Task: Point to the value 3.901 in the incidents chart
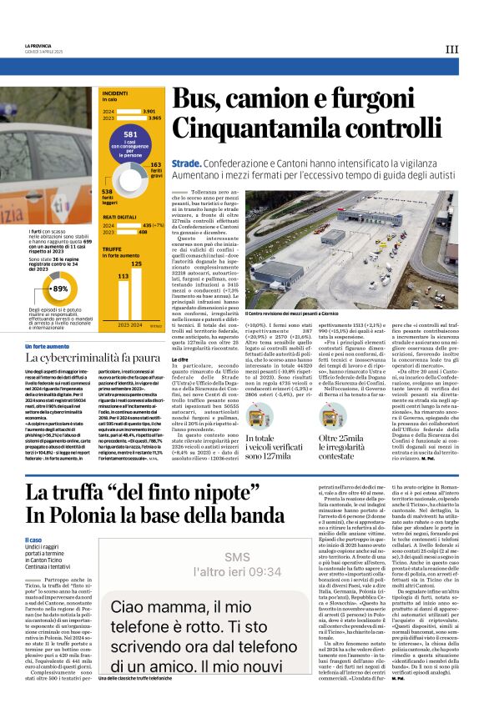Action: [x=149, y=111]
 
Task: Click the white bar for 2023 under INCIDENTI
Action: [x=130, y=118]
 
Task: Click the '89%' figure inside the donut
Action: [x=60, y=288]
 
